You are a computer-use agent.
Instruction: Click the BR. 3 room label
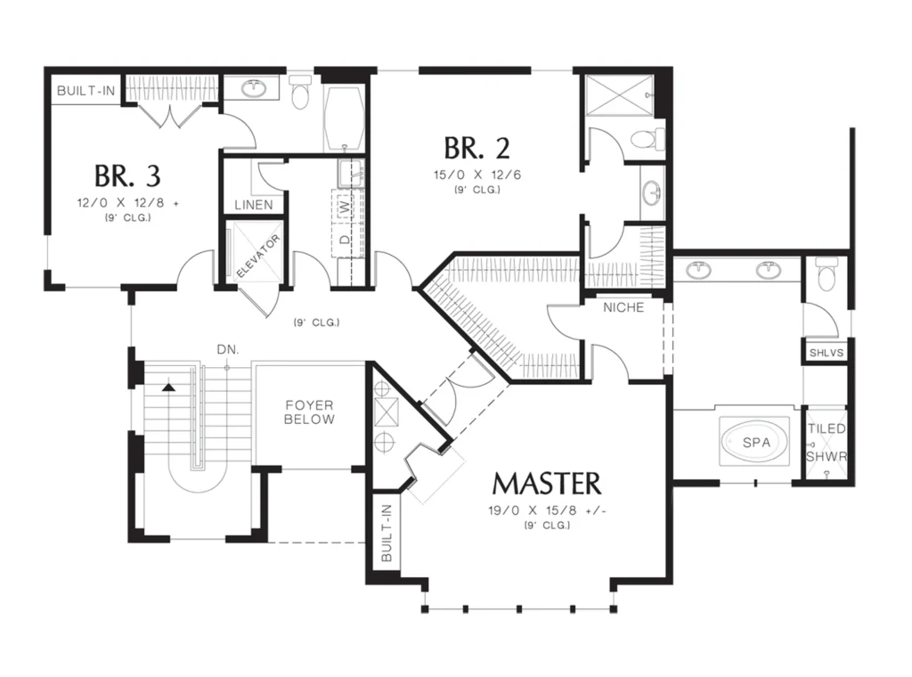point(127,175)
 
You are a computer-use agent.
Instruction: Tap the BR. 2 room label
point(477,148)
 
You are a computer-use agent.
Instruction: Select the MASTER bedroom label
point(547,484)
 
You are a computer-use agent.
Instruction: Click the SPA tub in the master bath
point(755,442)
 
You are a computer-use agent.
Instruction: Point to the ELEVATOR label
point(258,256)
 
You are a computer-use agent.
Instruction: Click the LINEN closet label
point(254,205)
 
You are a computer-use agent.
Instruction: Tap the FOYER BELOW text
point(309,412)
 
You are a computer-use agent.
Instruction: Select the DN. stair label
point(228,349)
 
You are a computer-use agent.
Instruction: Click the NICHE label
point(623,307)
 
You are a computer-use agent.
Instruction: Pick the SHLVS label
point(826,353)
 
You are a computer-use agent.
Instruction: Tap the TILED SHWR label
point(827,443)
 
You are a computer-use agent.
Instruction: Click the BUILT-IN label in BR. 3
point(86,91)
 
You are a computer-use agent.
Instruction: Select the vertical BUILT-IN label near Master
point(387,534)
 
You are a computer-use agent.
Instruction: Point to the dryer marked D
point(346,239)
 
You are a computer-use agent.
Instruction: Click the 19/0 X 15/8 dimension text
point(548,510)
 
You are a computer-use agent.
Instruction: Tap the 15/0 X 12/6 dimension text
point(477,175)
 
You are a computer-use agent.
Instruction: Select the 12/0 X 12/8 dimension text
point(127,203)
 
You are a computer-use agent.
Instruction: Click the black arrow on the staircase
point(168,387)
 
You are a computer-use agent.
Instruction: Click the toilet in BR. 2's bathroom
point(647,138)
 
